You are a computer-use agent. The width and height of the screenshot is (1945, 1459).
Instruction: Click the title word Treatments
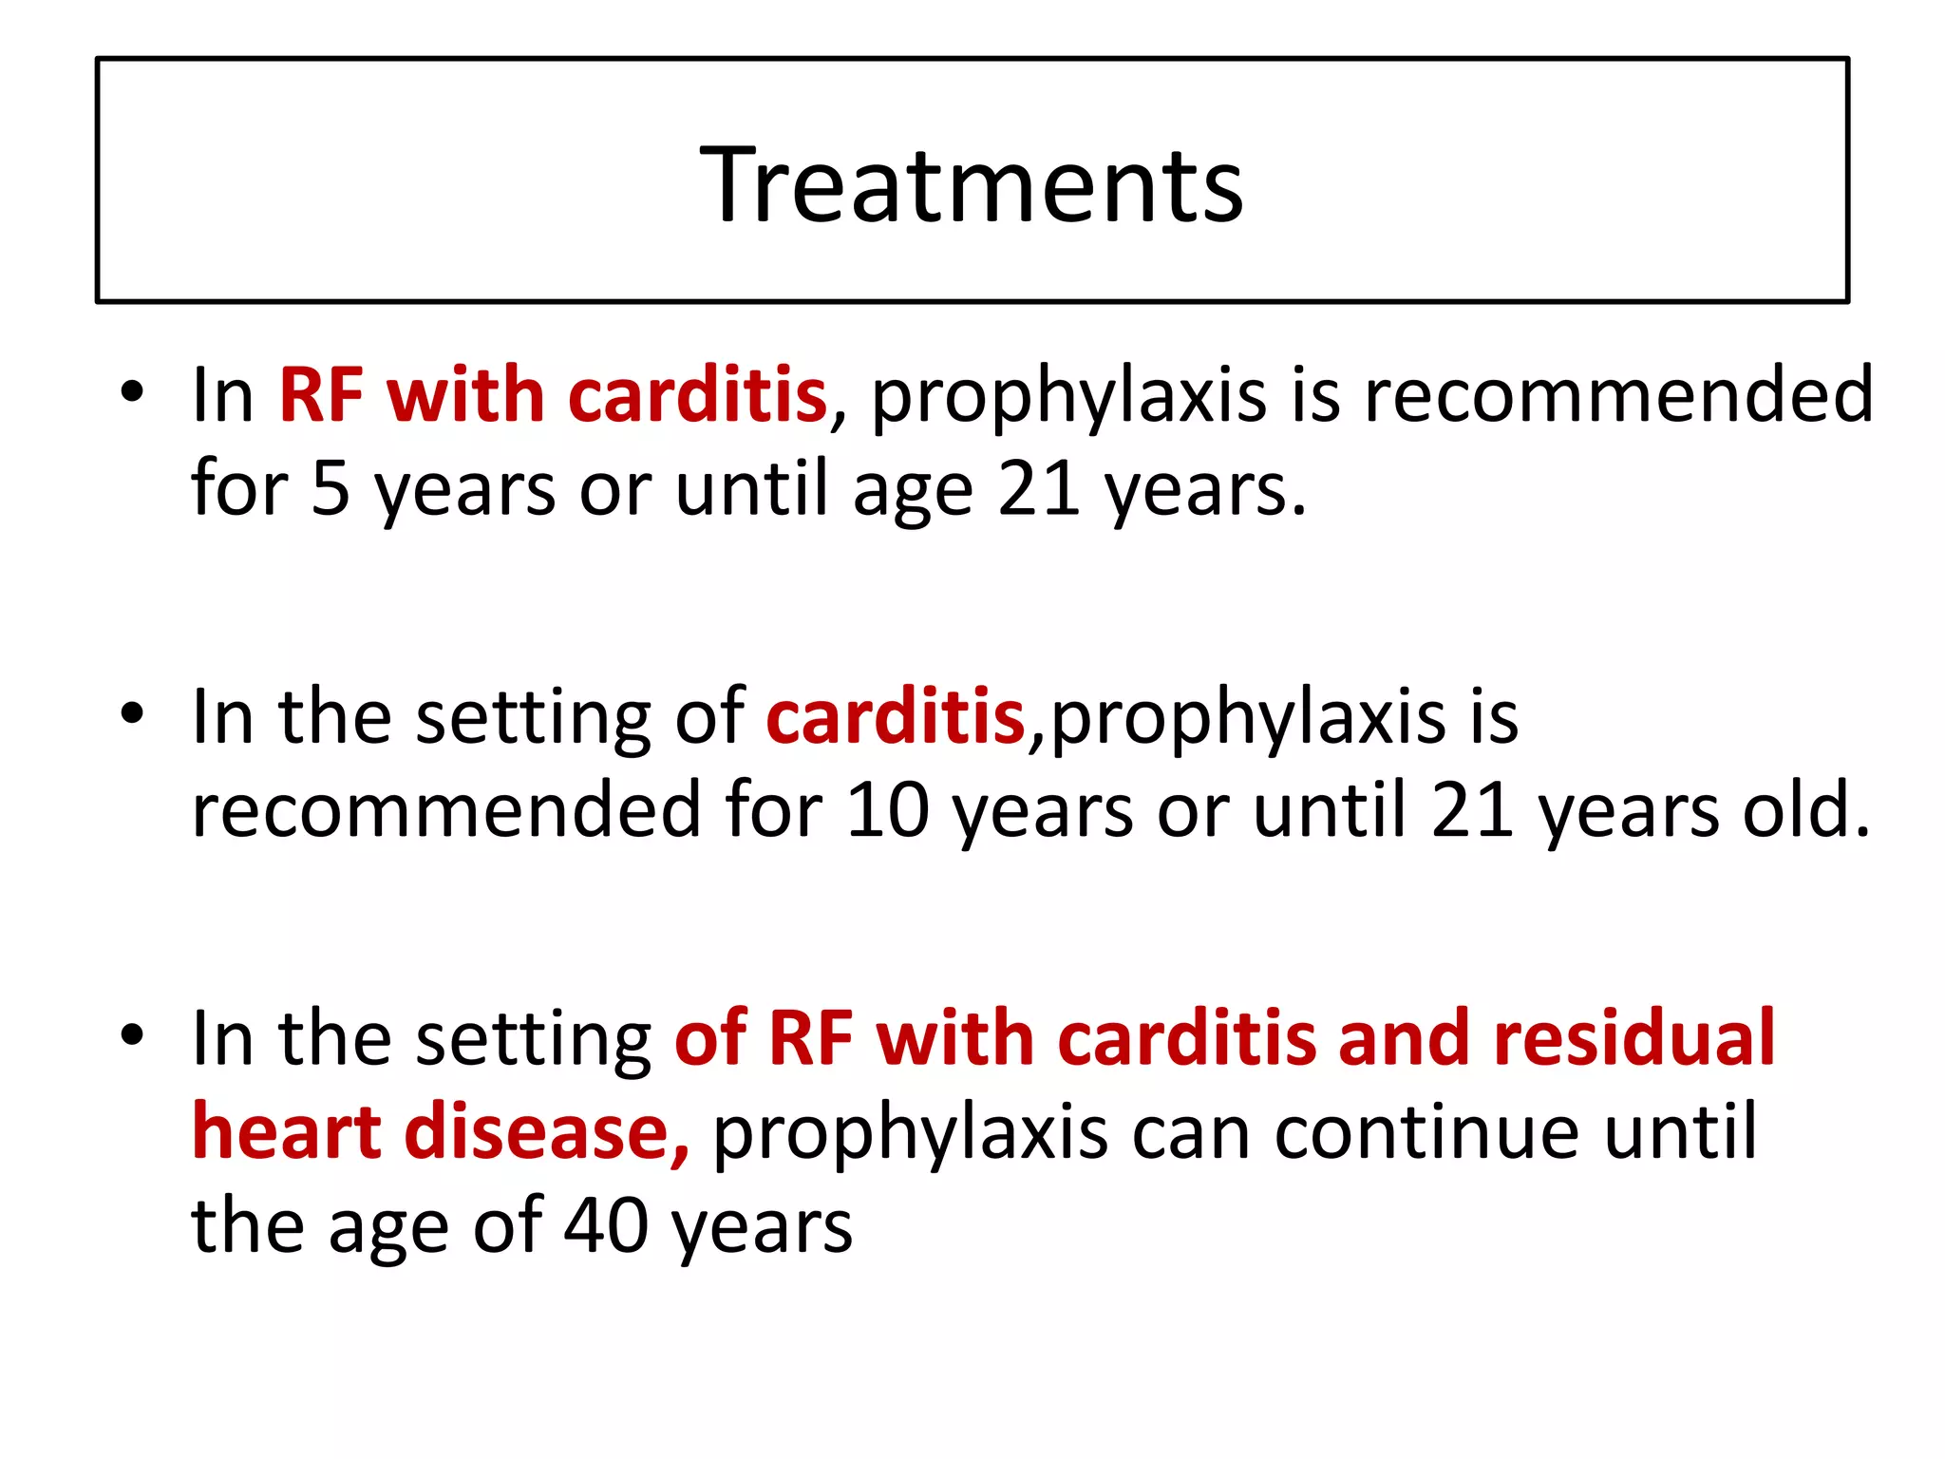pyautogui.click(x=971, y=184)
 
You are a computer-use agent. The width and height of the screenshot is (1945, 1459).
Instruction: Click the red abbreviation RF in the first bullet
pyautogui.click(x=321, y=395)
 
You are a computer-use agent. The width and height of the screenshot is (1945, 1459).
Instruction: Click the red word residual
pyautogui.click(x=1633, y=1037)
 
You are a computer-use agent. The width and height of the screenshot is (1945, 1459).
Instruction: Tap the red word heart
pyautogui.click(x=286, y=1131)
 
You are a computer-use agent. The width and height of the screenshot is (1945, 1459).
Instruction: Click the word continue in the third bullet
pyautogui.click(x=1427, y=1133)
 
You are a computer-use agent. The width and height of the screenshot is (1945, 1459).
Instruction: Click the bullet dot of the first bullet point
pyautogui.click(x=132, y=391)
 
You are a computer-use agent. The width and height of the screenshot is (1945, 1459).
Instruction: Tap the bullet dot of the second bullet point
pyautogui.click(x=132, y=712)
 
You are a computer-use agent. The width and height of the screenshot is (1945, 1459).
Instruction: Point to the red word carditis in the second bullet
pyautogui.click(x=895, y=716)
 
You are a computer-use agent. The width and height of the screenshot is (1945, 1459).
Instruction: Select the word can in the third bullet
pyautogui.click(x=1191, y=1133)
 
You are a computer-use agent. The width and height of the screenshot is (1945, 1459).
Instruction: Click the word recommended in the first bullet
pyautogui.click(x=1618, y=395)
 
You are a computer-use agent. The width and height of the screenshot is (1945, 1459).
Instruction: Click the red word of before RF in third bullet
pyautogui.click(x=709, y=1037)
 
